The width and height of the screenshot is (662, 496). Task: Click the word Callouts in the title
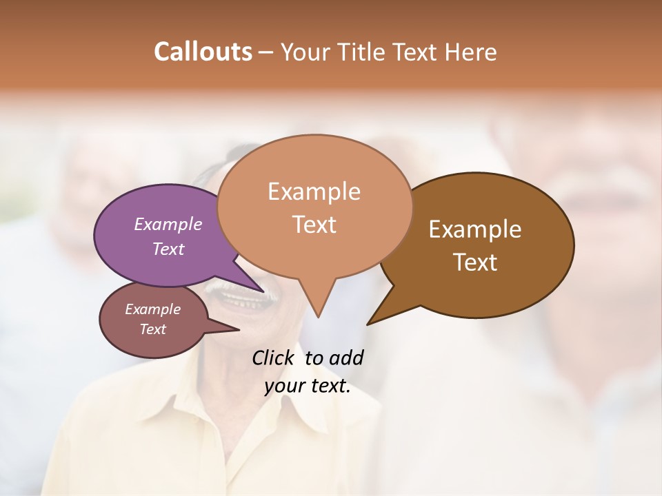click(x=203, y=52)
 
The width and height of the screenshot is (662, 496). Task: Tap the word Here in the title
click(x=472, y=52)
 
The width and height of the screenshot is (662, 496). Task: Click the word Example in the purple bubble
click(x=168, y=224)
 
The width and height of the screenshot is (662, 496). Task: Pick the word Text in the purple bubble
click(x=168, y=249)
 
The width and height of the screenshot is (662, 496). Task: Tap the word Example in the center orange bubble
click(x=314, y=192)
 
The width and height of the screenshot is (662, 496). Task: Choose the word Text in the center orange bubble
click(x=314, y=225)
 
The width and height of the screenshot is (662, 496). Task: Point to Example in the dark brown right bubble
click(x=475, y=229)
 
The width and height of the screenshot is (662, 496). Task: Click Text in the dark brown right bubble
click(x=475, y=262)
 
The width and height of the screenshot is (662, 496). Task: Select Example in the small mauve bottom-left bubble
click(x=153, y=309)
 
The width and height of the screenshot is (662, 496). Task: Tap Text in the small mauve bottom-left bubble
click(x=153, y=329)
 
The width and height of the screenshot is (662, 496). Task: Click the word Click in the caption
click(x=274, y=358)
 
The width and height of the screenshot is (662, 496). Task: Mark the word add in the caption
click(x=346, y=358)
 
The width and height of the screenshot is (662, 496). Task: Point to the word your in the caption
click(x=284, y=386)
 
